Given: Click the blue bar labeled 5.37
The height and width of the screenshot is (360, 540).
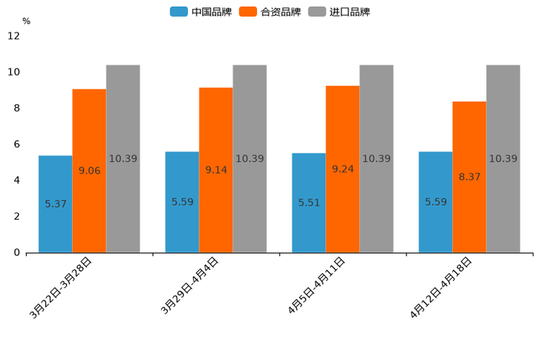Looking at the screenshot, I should click(x=55, y=204).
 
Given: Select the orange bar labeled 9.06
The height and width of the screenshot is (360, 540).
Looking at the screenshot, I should click(x=89, y=171).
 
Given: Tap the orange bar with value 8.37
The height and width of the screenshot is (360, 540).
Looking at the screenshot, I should click(x=469, y=176).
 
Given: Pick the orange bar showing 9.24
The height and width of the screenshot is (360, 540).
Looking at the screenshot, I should click(x=343, y=169).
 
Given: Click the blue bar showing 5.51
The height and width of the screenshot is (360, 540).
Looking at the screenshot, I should click(x=308, y=202).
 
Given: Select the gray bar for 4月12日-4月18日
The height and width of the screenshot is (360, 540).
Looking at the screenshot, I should click(x=503, y=158).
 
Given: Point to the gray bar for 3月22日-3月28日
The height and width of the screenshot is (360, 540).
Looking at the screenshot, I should click(x=123, y=158).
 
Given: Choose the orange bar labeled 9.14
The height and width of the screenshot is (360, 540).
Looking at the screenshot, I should click(x=216, y=170).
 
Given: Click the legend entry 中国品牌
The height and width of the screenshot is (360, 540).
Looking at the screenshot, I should click(x=201, y=12).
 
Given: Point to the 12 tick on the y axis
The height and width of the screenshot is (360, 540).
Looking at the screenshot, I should click(x=14, y=36).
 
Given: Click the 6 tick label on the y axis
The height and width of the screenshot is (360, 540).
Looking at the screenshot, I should click(x=17, y=144).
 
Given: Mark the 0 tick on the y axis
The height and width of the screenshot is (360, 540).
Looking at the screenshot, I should click(x=17, y=253).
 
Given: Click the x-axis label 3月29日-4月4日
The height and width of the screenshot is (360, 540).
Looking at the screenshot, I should click(x=189, y=285).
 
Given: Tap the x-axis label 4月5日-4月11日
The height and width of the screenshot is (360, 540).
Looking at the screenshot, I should click(x=316, y=285).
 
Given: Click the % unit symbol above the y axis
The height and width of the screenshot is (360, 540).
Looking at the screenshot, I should click(x=26, y=21).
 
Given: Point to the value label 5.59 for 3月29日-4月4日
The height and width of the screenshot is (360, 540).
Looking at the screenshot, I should click(x=182, y=202).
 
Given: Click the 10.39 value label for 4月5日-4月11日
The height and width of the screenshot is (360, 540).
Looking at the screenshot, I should click(x=376, y=159).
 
